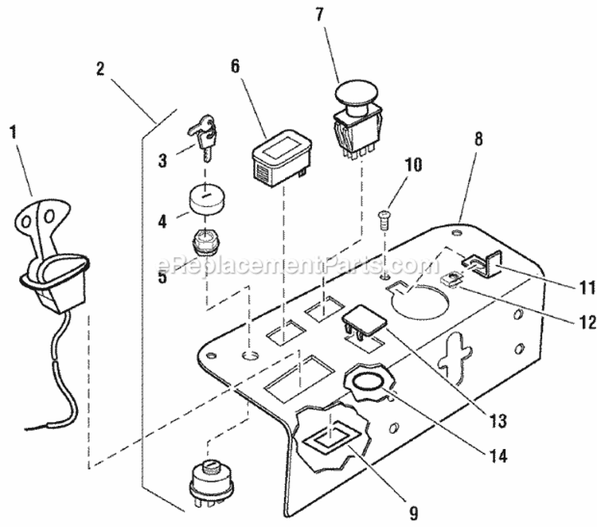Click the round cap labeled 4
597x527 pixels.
[206, 200]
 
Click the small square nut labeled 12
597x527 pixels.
[455, 280]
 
